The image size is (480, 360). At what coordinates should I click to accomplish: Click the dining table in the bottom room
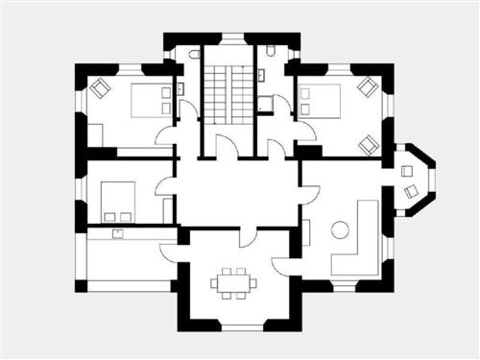coord(234,282)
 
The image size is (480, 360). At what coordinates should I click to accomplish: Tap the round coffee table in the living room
coord(340,229)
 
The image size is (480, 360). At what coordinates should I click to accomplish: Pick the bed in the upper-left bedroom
coord(149,98)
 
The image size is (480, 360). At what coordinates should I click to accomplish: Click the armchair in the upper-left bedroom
coord(101,88)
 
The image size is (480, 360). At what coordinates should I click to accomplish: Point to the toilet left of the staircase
coord(194,54)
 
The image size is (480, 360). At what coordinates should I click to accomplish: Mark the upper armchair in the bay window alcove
coord(407,171)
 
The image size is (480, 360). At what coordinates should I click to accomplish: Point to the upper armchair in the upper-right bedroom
coord(366,86)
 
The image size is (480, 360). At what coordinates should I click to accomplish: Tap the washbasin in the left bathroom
coord(180,89)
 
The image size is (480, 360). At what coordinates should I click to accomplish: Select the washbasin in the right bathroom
coord(263,76)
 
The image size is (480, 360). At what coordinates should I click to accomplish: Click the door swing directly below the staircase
coord(227,149)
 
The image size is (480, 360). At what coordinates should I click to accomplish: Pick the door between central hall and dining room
coord(249,234)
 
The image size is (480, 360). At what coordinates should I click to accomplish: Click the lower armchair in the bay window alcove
coord(412,192)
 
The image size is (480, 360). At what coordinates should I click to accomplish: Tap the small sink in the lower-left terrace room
coord(118,232)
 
